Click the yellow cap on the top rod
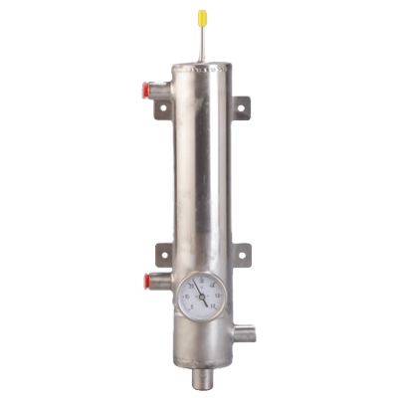point(201,17)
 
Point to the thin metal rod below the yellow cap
point(201,42)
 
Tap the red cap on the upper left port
point(144,88)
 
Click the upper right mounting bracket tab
point(241,109)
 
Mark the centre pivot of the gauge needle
point(201,296)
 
